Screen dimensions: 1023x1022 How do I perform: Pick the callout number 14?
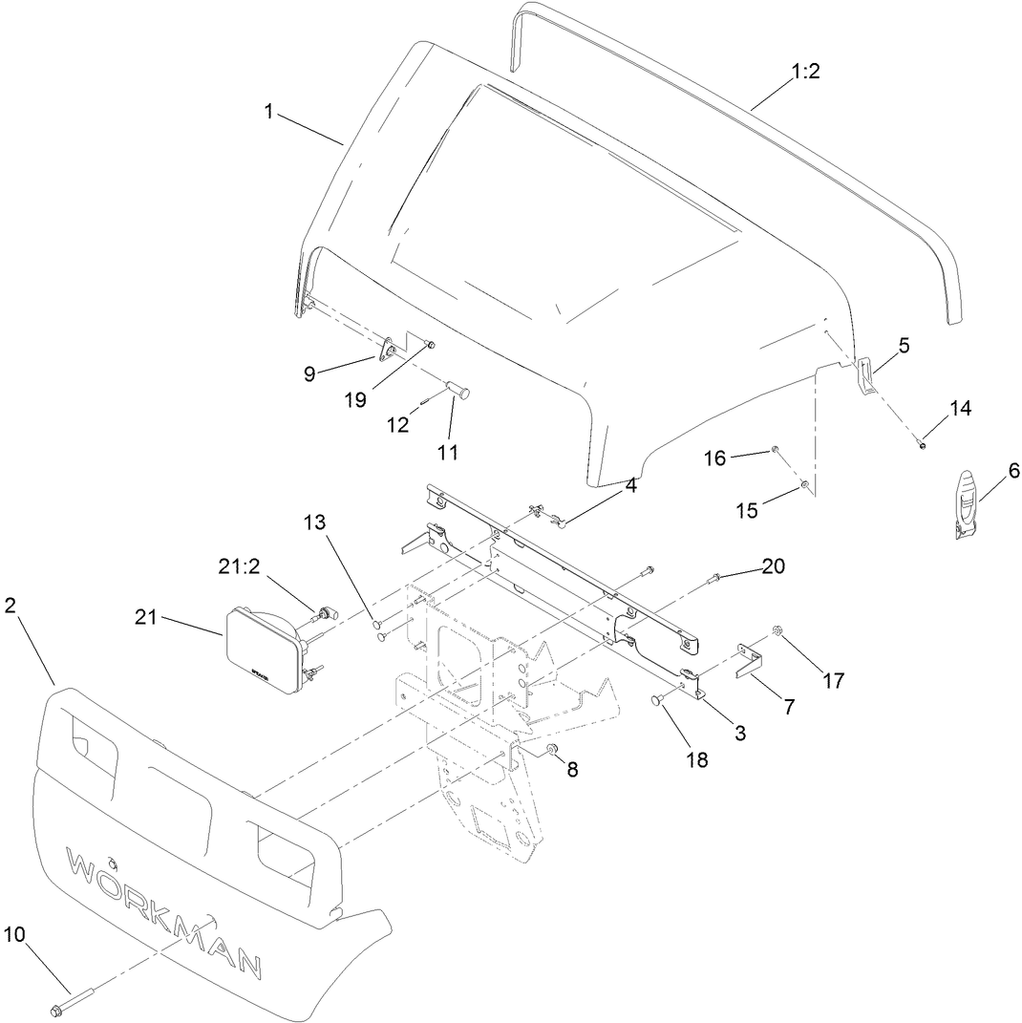(960, 408)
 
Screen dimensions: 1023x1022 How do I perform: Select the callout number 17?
(833, 681)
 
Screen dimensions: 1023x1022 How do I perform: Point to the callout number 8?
(572, 769)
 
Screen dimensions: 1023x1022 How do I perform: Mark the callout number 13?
(315, 522)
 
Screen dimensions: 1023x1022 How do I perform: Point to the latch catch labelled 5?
(865, 373)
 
